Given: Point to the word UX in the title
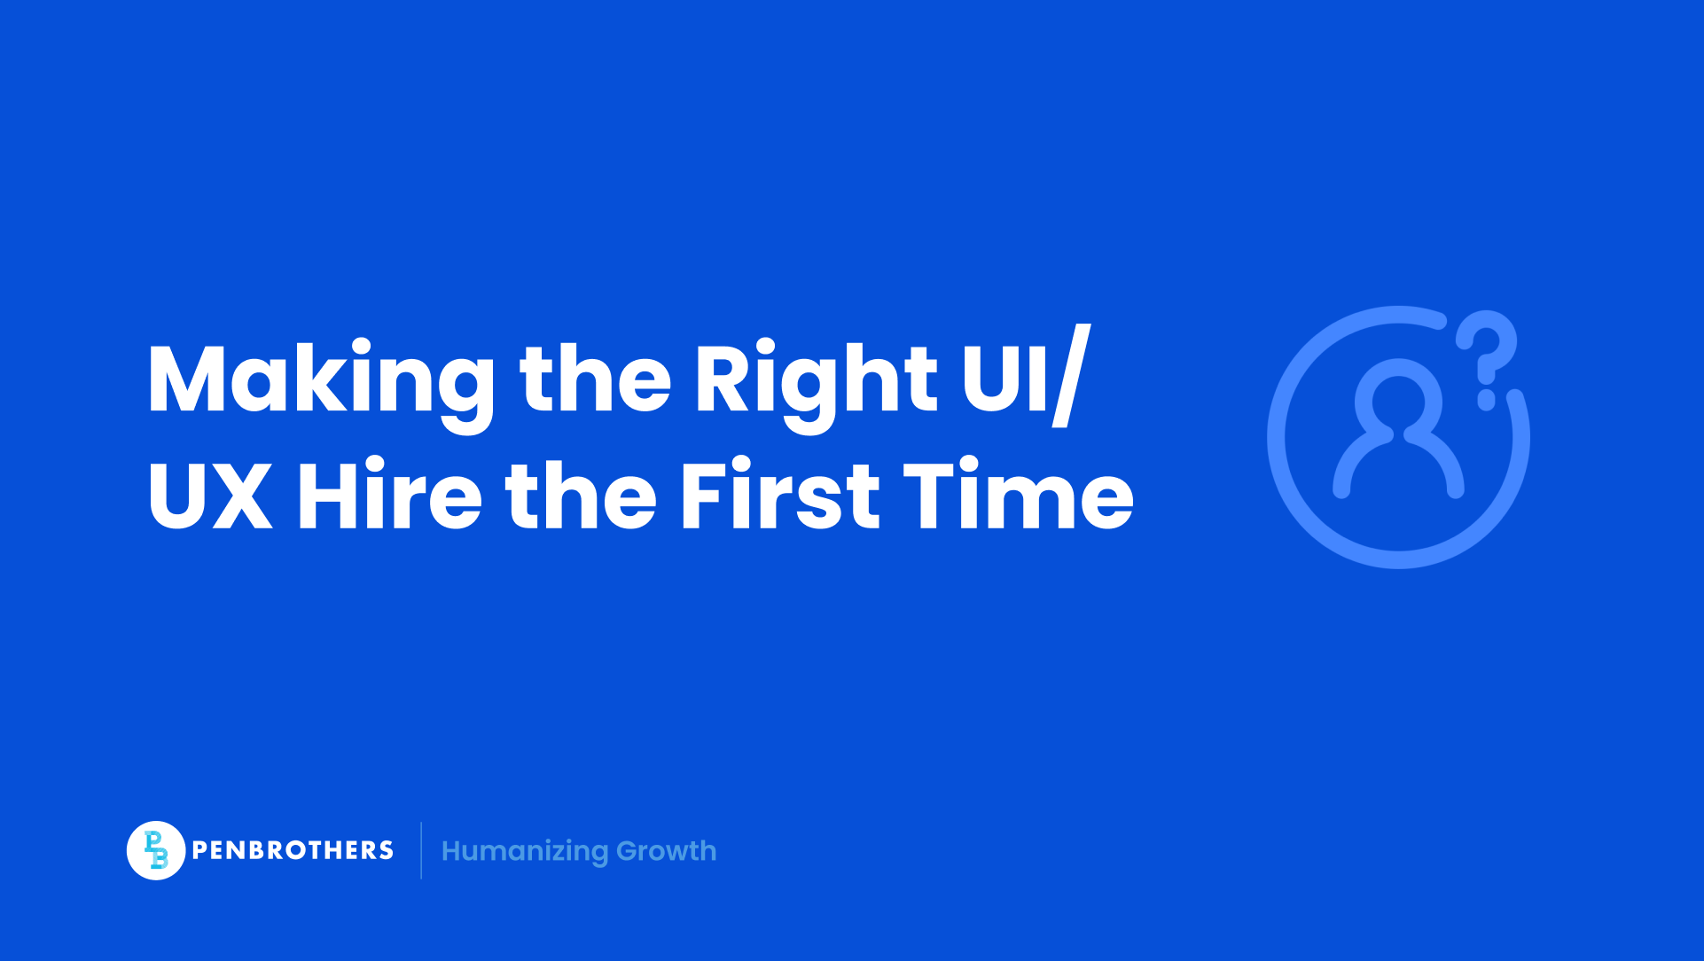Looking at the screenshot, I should [x=209, y=496].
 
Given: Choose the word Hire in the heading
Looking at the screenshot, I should [x=389, y=496].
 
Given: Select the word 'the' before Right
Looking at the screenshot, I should [x=595, y=379].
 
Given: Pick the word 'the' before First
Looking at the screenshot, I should [x=581, y=496].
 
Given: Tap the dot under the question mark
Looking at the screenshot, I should [x=1487, y=401].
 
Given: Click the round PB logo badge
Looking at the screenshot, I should [x=156, y=850].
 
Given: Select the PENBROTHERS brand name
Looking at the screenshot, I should [x=293, y=850].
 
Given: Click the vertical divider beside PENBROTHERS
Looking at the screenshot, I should [x=421, y=850].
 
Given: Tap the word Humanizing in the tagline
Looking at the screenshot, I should [x=525, y=851].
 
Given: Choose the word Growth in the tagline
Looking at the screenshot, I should [x=667, y=851].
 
